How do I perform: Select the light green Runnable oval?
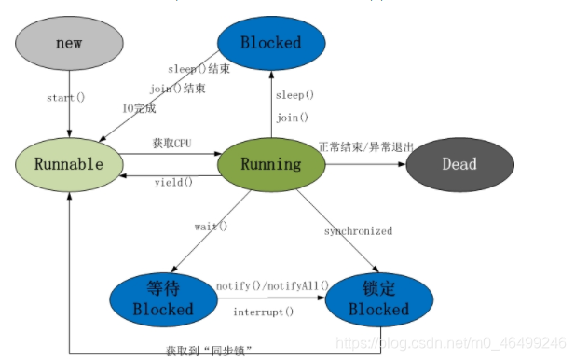click(x=68, y=164)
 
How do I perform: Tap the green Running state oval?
click(x=271, y=164)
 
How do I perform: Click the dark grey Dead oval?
click(x=459, y=164)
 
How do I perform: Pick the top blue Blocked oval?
click(x=271, y=43)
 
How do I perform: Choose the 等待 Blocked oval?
click(x=163, y=298)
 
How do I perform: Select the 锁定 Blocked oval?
click(x=378, y=298)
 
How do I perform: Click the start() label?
click(x=66, y=98)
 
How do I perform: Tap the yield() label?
click(x=173, y=183)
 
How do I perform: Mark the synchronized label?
click(x=358, y=231)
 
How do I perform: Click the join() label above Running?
click(x=293, y=118)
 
